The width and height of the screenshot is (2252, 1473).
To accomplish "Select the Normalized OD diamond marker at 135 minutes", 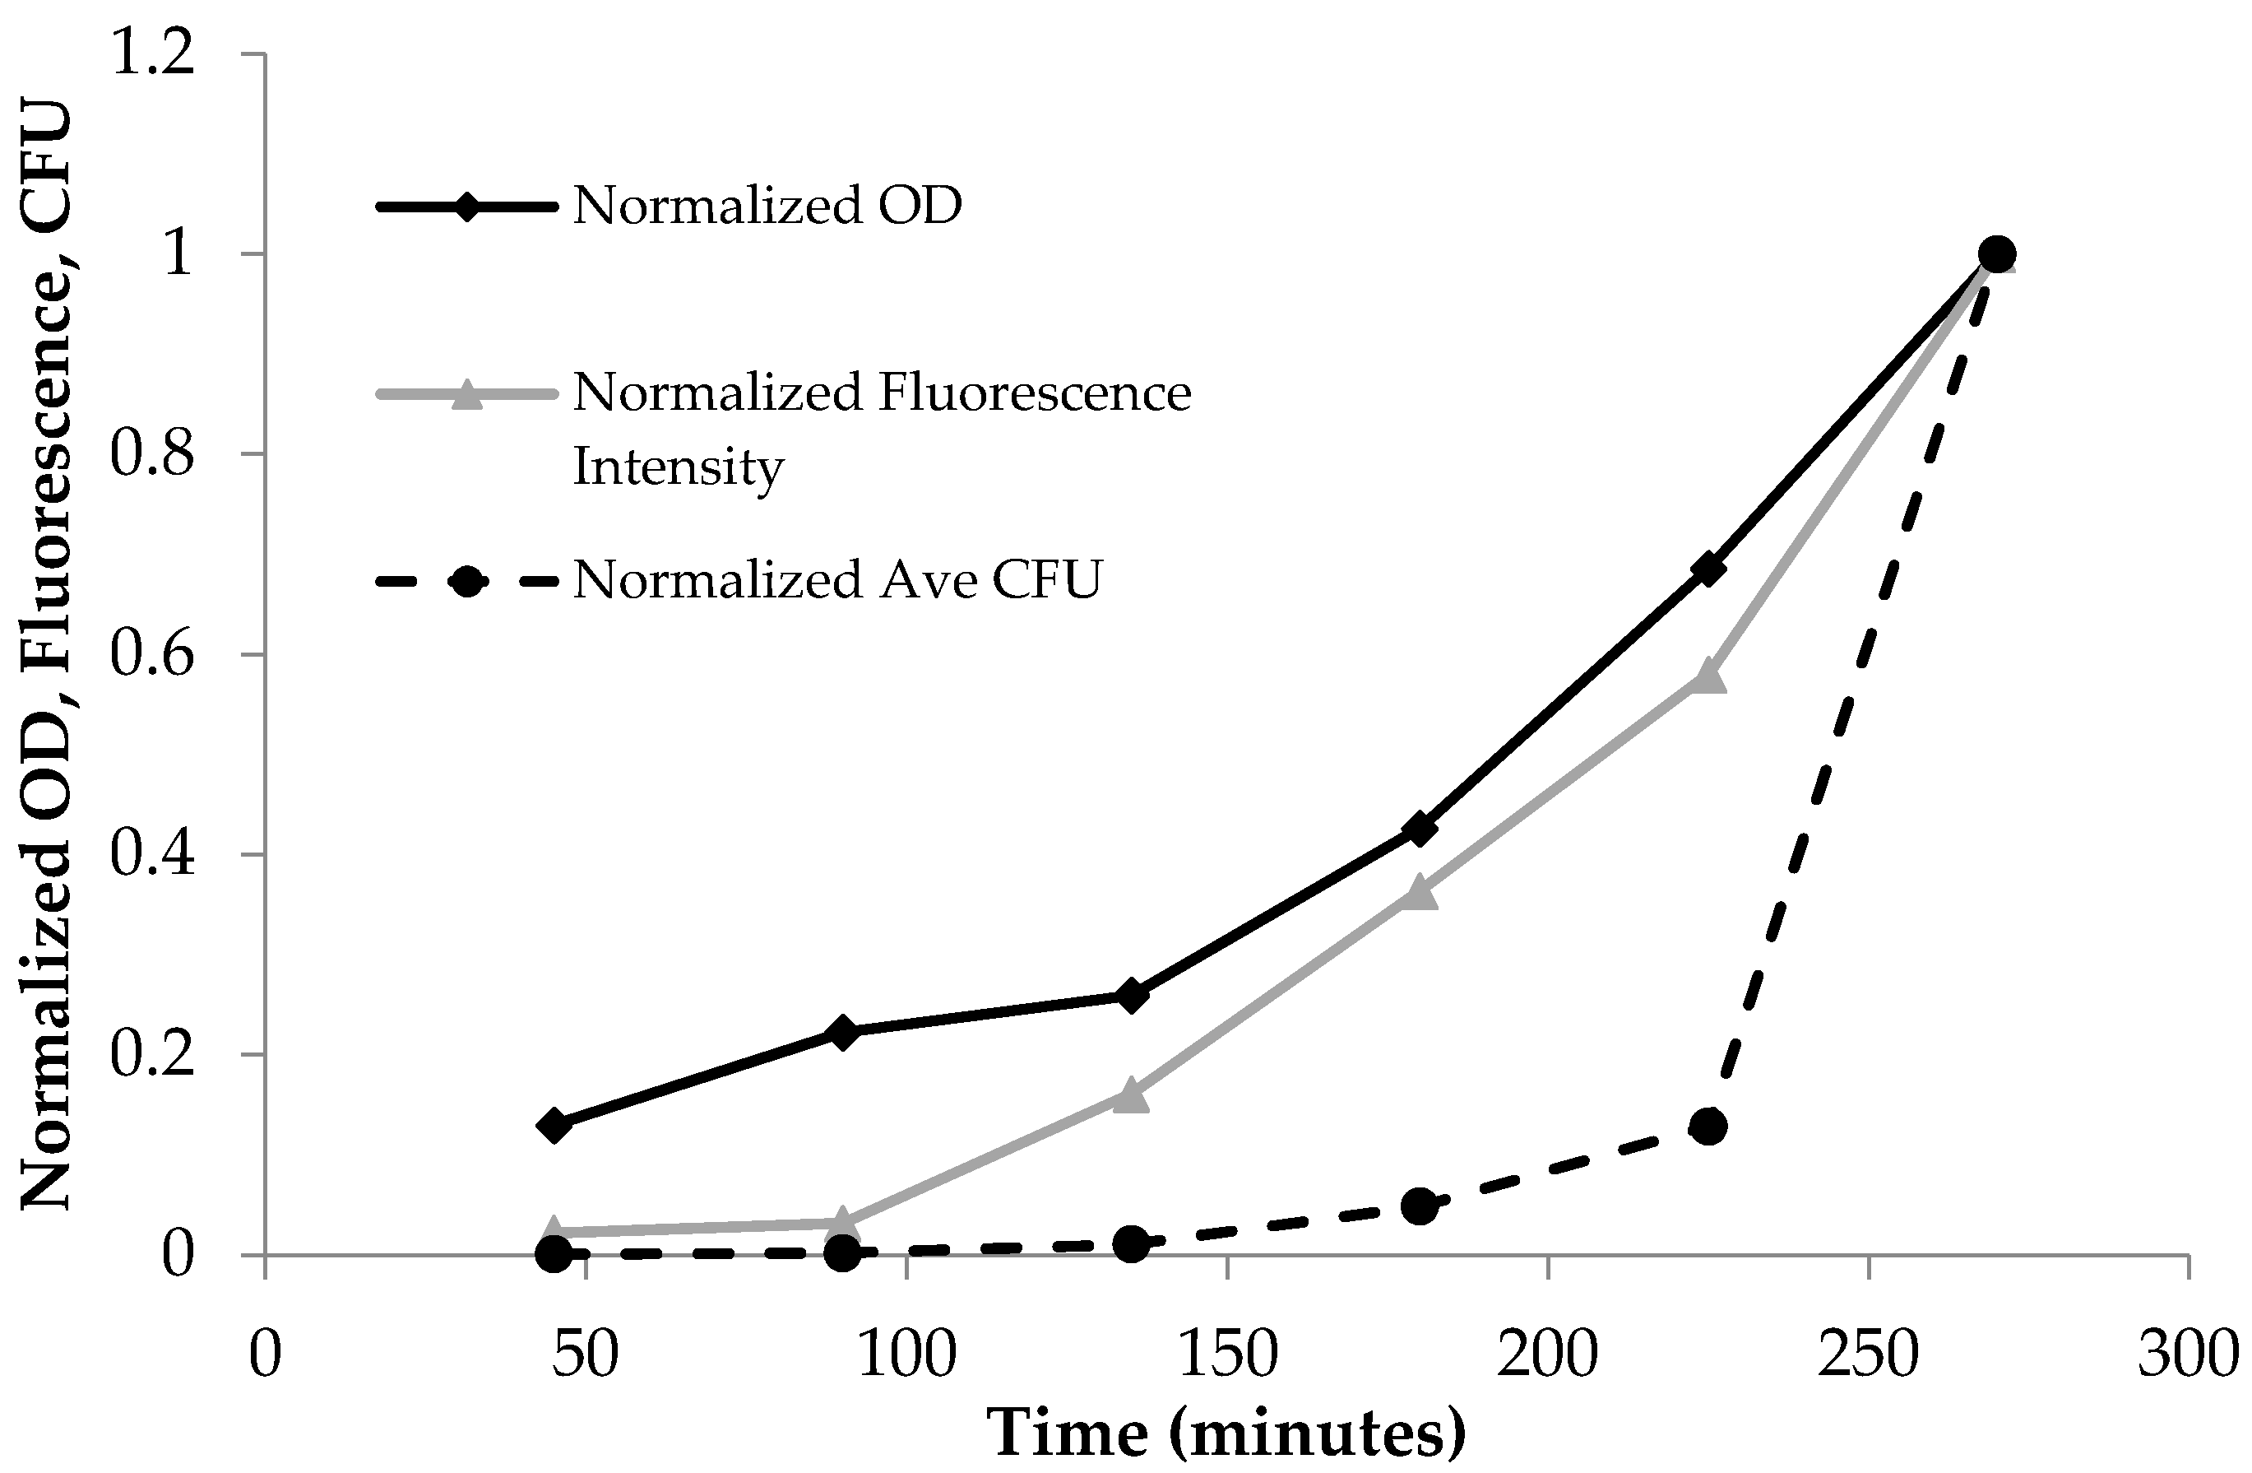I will [x=1131, y=996].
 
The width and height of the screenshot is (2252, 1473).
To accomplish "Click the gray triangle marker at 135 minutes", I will [x=1131, y=1096].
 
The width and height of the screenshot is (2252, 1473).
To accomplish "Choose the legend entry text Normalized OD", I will [x=767, y=206].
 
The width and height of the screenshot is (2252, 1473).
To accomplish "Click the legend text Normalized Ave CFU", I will [x=836, y=580].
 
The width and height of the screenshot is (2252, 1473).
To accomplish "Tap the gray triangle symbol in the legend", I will [x=466, y=395].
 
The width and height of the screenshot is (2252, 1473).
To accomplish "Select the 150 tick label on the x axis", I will [x=1227, y=1355].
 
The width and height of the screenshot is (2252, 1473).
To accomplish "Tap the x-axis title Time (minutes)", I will [x=1226, y=1434].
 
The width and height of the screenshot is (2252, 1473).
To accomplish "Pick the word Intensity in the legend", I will [x=678, y=467].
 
